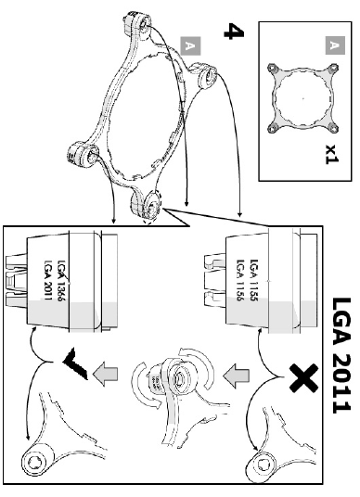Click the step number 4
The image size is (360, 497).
(x=234, y=32)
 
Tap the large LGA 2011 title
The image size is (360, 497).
(x=341, y=355)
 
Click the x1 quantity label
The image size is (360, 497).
(x=332, y=154)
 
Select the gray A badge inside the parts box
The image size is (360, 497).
(x=335, y=45)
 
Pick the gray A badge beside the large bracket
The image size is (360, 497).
(x=190, y=46)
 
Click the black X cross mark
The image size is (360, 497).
(x=303, y=377)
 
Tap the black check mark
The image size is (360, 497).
(x=75, y=363)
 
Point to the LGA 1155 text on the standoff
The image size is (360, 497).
(x=254, y=280)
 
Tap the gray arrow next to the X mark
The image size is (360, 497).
(x=236, y=376)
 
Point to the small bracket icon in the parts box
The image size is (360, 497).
(x=302, y=98)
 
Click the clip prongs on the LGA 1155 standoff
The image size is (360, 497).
(x=214, y=280)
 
